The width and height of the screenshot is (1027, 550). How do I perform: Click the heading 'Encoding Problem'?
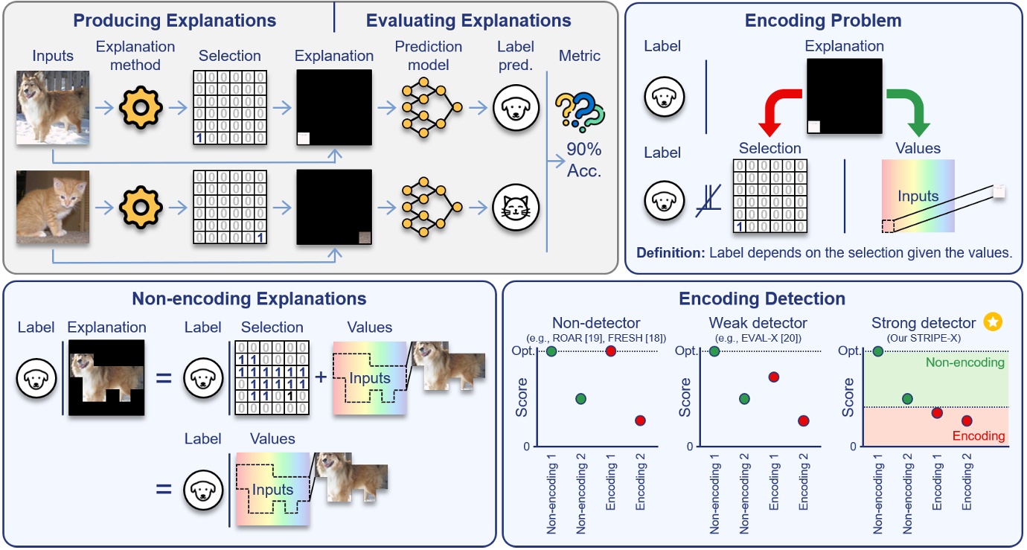(x=823, y=20)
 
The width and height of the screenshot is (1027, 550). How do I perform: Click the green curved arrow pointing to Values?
(x=909, y=109)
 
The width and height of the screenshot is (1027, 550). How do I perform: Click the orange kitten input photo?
(x=53, y=208)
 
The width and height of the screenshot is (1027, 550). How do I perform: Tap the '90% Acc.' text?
(x=584, y=160)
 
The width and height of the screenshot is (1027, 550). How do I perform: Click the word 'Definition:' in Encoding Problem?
(x=670, y=252)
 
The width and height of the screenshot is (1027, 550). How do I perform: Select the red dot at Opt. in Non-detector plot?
(x=610, y=351)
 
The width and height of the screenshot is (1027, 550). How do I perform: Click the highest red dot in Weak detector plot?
(x=773, y=377)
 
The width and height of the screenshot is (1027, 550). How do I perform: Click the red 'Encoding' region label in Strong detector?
(x=979, y=436)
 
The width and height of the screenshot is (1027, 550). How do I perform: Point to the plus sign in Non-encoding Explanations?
(x=321, y=377)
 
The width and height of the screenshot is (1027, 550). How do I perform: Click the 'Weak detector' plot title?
(x=758, y=323)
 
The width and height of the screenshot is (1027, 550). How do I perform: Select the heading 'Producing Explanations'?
(x=174, y=20)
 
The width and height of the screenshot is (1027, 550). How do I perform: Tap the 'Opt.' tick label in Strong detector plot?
(x=850, y=351)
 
